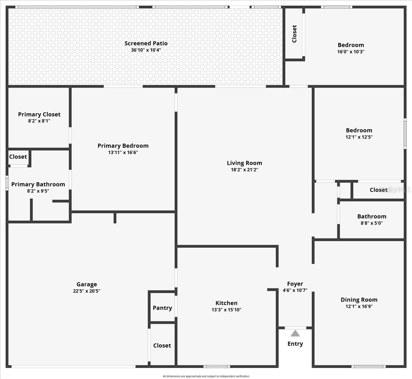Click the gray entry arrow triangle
(x=295, y=334)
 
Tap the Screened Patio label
(x=146, y=43)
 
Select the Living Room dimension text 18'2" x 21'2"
(x=244, y=170)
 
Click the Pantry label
(x=162, y=308)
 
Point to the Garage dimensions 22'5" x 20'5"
(x=87, y=291)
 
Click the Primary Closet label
(x=39, y=115)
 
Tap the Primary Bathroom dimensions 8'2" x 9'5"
(x=38, y=191)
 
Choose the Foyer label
(x=295, y=284)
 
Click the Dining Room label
(x=359, y=300)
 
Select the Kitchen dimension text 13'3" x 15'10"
(x=226, y=310)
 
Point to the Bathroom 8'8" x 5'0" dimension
(x=372, y=223)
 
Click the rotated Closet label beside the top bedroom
(x=294, y=34)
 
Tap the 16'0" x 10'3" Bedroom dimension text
(x=351, y=52)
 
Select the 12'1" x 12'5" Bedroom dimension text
(x=359, y=137)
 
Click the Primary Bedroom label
(x=123, y=146)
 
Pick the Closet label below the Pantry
(x=162, y=345)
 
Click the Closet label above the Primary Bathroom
(x=18, y=157)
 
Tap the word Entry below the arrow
(x=295, y=344)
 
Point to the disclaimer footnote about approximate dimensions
(x=206, y=376)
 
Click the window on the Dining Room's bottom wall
(x=368, y=367)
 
